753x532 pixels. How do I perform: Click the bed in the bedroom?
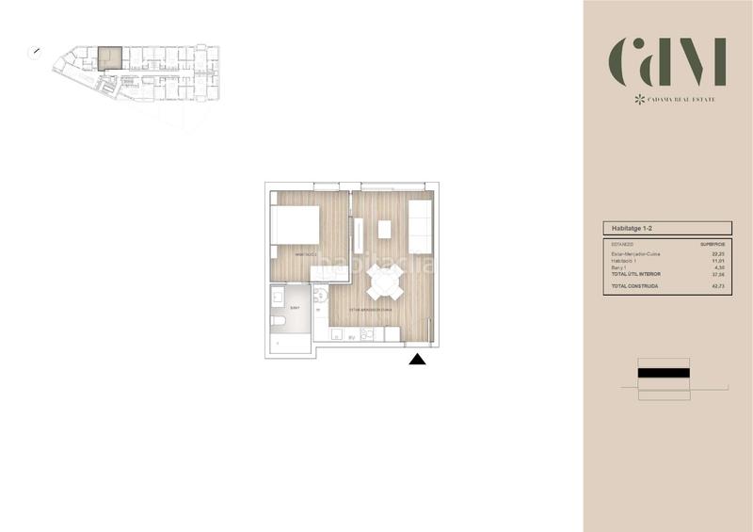pos(295,226)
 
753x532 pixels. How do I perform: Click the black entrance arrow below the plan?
pos(418,358)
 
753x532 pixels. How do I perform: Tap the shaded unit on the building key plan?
pos(110,57)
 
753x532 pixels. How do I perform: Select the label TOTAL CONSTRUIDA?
pos(633,284)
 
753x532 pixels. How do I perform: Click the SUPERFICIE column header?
pos(713,244)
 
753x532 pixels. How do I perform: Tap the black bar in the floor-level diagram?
pos(665,374)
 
